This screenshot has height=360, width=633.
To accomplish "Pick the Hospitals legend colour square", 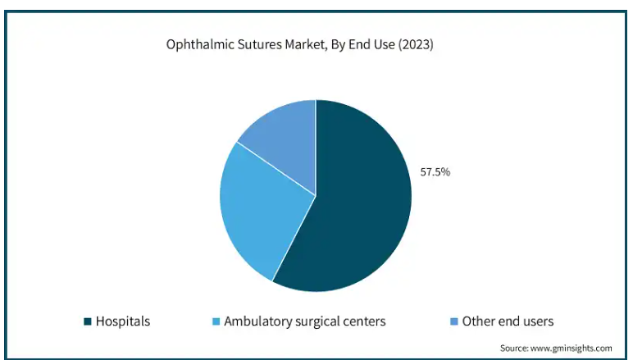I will [x=87, y=321].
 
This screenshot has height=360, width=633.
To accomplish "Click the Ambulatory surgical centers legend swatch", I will [x=216, y=321].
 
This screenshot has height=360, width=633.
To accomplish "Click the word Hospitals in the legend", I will [x=123, y=321].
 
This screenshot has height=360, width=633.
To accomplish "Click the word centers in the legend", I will [x=364, y=321].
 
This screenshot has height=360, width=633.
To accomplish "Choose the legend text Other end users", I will [x=508, y=321].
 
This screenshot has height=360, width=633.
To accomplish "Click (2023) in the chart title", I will [x=416, y=46].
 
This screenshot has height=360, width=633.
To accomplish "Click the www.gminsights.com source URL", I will [x=575, y=348].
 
